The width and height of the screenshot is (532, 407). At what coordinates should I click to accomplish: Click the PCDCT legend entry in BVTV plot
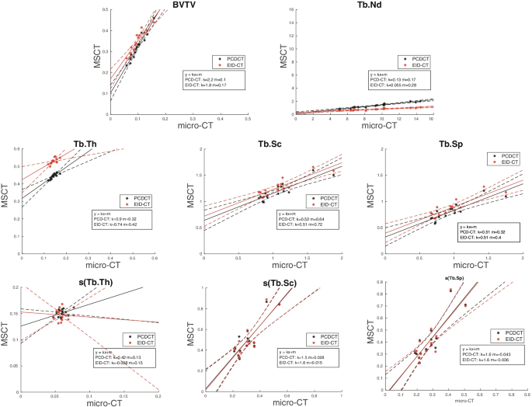tap(231, 58)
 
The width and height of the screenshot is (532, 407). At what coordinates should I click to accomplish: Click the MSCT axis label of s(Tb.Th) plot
tap(6, 338)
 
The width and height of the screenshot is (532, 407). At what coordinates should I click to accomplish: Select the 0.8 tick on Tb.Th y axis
tap(15, 148)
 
